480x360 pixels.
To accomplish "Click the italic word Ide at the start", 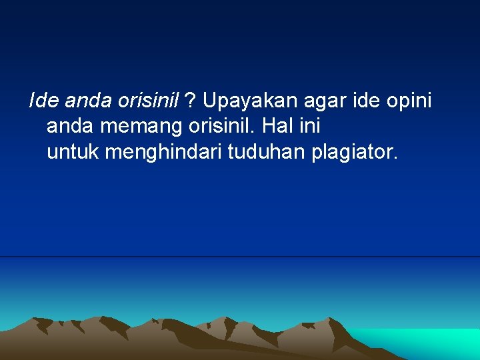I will [43, 101].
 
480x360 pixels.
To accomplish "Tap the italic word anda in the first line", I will [88, 101].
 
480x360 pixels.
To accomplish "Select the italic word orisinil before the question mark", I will [148, 101].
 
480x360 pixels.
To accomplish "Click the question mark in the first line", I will [190, 101].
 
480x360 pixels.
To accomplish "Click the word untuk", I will [73, 153].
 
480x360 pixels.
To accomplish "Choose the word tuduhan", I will [267, 153].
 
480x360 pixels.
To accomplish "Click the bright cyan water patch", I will [427, 341].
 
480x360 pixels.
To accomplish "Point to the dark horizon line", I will [240, 257].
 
